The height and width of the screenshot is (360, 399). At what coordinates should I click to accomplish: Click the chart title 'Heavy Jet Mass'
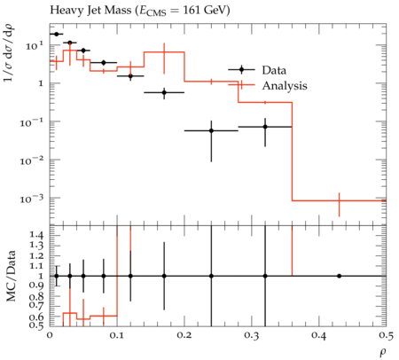(90, 11)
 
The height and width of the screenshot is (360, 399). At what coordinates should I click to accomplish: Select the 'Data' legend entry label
(274, 70)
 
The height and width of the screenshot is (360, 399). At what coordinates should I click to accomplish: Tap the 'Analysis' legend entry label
(285, 86)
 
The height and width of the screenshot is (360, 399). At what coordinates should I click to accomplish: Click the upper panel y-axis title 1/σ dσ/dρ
(10, 52)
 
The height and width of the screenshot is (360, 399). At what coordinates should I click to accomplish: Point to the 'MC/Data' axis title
(11, 276)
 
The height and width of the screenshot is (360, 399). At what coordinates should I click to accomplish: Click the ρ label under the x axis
(383, 352)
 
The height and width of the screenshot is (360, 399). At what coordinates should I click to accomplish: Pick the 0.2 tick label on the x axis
(184, 335)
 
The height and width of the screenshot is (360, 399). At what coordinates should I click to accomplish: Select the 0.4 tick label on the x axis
(319, 335)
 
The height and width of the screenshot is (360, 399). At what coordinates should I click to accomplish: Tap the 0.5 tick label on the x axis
(386, 335)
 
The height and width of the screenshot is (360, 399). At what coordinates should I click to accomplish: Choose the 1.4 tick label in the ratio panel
(36, 235)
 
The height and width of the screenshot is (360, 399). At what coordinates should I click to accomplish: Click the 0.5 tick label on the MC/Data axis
(36, 325)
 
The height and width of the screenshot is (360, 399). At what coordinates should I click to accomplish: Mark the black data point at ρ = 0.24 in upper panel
(211, 130)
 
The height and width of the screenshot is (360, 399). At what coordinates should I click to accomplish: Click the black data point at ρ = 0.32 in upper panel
(265, 127)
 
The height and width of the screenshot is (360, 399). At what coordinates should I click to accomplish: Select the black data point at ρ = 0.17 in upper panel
(164, 92)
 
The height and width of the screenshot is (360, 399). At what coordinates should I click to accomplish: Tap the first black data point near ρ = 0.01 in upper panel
(57, 34)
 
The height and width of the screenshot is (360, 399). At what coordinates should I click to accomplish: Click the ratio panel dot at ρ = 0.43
(339, 276)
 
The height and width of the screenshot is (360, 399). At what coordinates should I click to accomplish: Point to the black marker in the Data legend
(241, 70)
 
